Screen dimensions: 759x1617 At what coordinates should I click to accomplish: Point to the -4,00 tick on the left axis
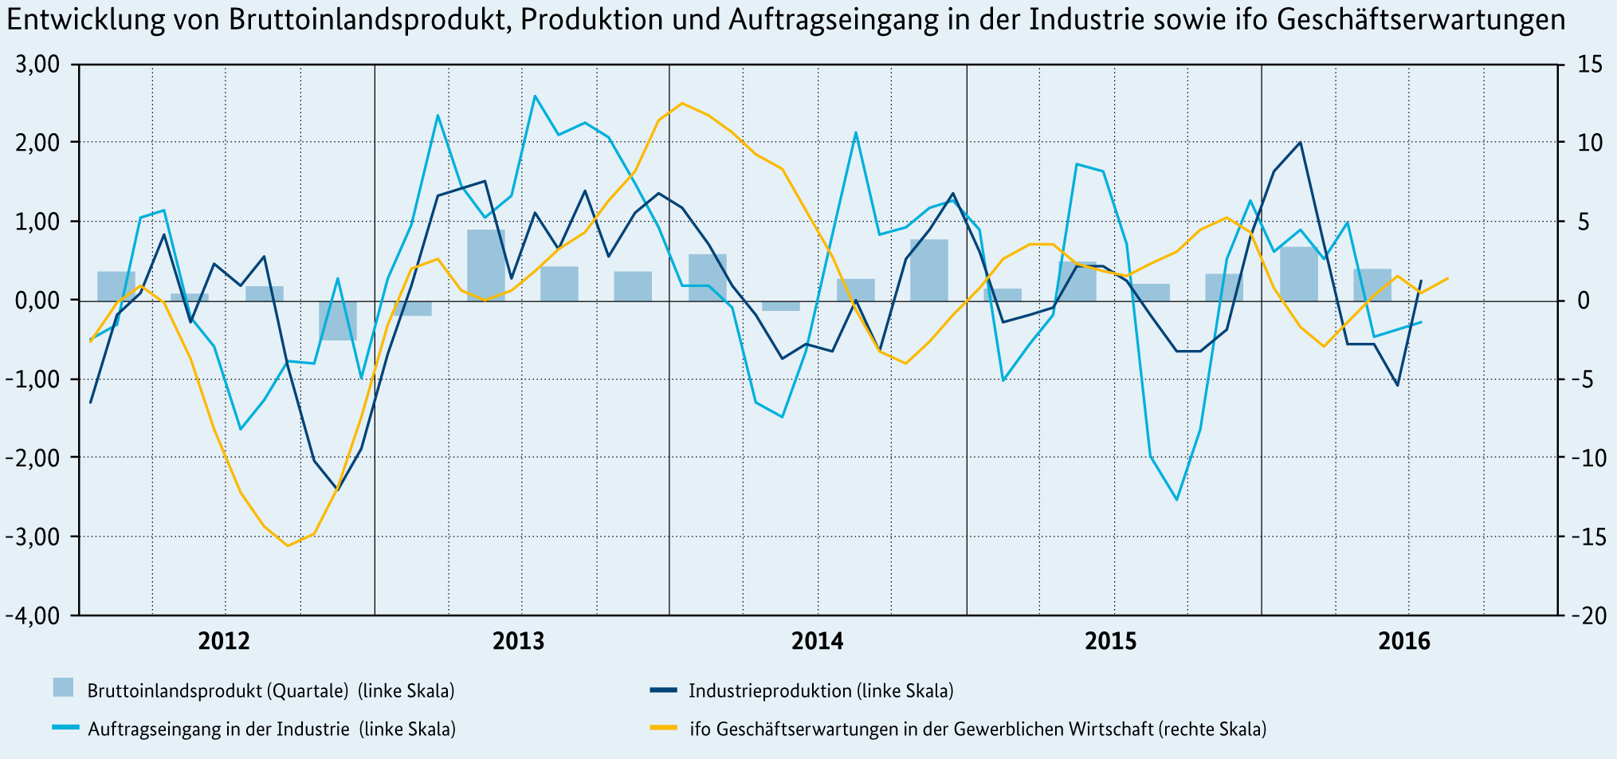click(x=33, y=615)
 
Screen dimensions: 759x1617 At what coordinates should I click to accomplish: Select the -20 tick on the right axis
click(x=1587, y=615)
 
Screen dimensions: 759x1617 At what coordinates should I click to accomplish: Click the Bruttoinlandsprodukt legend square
click(x=63, y=687)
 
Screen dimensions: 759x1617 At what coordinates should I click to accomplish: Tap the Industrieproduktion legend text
click(x=821, y=690)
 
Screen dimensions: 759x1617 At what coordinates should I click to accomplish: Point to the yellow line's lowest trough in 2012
click(x=288, y=545)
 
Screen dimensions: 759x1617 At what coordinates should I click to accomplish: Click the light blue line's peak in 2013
click(x=534, y=96)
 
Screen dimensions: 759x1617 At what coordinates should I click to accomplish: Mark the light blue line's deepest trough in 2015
click(x=1176, y=500)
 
